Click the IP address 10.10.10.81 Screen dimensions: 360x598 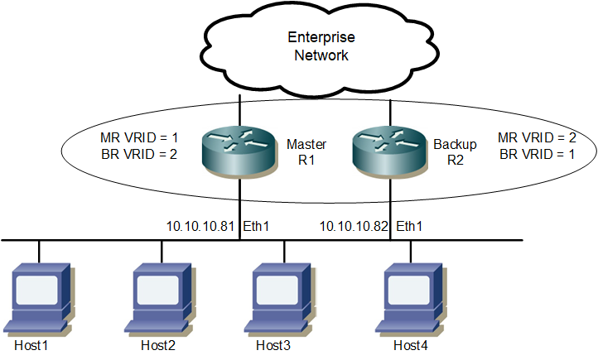(201, 225)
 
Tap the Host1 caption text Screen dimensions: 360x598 (31, 344)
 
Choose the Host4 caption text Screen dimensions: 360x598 (410, 344)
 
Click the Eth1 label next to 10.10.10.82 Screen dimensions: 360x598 (409, 225)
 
